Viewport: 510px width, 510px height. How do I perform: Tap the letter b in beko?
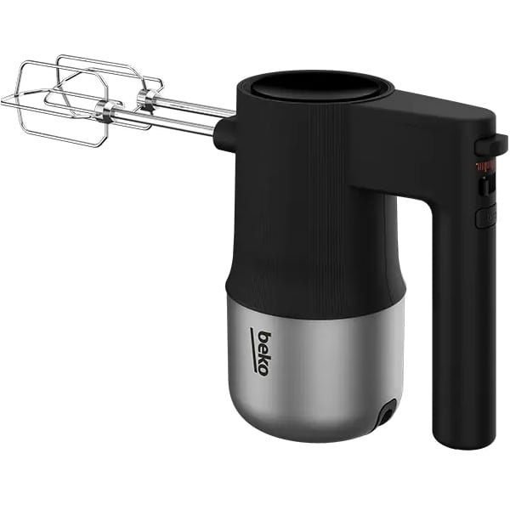[264, 337]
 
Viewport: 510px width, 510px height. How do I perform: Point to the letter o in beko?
[263, 370]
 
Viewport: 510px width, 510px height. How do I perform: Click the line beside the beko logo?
[252, 349]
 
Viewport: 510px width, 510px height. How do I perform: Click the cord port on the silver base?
[388, 412]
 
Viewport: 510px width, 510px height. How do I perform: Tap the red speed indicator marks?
[485, 166]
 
